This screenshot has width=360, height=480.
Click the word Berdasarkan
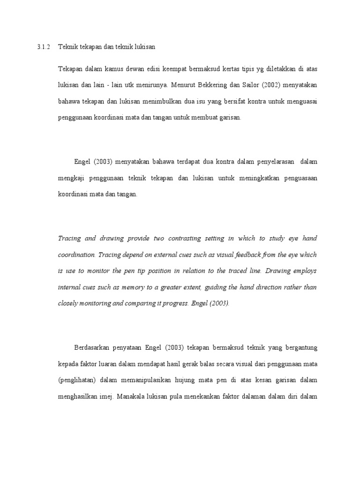pos(94,347)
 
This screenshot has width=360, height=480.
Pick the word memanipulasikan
pos(150,380)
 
